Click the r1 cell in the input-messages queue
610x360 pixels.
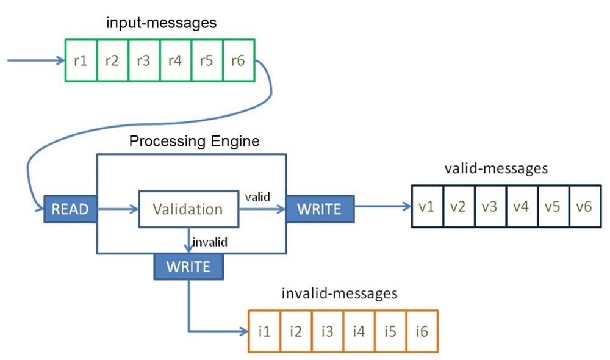coord(81,60)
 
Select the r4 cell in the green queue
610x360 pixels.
coord(176,60)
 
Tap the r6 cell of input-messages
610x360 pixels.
coord(239,60)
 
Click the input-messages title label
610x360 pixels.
coord(161,23)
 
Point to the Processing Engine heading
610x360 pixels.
coord(194,141)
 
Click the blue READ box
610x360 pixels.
coord(70,209)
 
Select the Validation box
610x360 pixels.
coord(188,209)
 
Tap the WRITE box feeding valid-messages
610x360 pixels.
coord(320,209)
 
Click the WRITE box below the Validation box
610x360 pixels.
coord(188,267)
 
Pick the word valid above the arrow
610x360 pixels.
coord(257,197)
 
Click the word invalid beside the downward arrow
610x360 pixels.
coord(210,242)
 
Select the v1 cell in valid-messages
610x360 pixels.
coord(427,206)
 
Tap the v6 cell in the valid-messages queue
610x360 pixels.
coord(585,206)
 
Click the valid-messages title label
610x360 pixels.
coord(496,168)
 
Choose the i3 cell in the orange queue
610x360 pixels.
coord(328,331)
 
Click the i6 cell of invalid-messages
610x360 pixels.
coord(422,331)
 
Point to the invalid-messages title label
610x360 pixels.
coord(339,293)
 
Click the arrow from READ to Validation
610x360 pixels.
coord(118,209)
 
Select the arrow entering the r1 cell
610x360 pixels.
coord(36,60)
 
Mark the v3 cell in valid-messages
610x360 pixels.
coord(490,206)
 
